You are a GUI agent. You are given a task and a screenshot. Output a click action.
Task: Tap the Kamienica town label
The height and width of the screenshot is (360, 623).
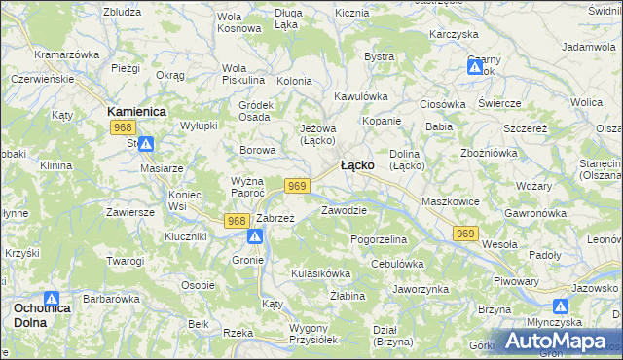pos(136,112)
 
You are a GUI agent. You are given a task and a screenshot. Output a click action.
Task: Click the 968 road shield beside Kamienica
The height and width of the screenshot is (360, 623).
pos(122,127)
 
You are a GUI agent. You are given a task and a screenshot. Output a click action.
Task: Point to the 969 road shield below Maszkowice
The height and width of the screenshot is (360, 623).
pos(465,233)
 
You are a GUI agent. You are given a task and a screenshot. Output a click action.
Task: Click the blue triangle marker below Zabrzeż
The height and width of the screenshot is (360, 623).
pos(254,236)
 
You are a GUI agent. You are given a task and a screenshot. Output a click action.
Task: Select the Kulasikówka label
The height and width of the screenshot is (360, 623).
pos(320,273)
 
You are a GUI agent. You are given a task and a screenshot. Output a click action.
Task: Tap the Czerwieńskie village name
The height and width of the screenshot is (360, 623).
pos(43,78)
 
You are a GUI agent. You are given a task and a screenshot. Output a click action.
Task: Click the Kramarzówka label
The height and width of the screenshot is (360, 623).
pos(66,54)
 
